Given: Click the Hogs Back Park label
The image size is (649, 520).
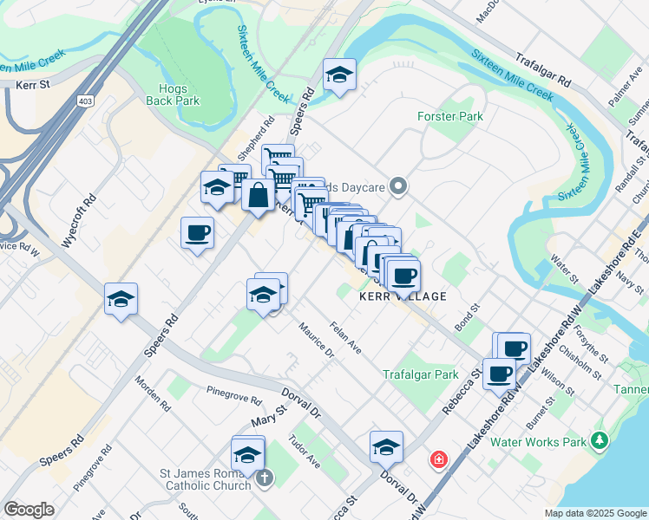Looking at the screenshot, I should click(x=179, y=94).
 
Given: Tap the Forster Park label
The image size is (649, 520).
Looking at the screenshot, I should click(x=450, y=116).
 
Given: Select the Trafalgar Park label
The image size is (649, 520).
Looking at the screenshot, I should click(x=420, y=375).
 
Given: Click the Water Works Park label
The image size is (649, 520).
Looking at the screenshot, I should click(x=538, y=441).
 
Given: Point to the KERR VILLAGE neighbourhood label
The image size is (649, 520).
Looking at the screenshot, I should click(x=403, y=296).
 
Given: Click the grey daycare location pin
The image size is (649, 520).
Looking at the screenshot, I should click(x=398, y=185).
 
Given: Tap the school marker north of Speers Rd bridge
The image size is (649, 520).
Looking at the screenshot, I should click(x=340, y=75).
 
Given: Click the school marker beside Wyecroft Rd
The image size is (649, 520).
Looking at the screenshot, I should click(x=121, y=300).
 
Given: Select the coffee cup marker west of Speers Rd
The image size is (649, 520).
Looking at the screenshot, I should click(x=197, y=233).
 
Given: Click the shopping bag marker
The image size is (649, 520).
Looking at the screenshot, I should click(x=258, y=195).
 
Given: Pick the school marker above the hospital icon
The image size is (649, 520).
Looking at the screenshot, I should click(x=386, y=447).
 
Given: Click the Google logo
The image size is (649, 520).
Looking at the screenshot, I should click(x=29, y=510).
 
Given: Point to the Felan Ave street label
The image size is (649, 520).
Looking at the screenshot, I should click(x=345, y=337).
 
